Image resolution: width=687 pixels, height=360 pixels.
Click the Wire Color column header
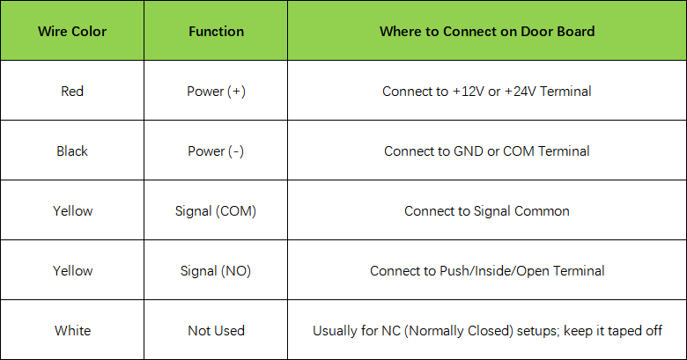tap(72, 32)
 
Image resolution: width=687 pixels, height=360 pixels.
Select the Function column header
tap(216, 32)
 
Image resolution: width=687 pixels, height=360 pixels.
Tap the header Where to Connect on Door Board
tap(487, 32)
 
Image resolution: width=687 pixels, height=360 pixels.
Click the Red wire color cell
tap(72, 91)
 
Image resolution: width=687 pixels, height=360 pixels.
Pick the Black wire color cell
tap(72, 151)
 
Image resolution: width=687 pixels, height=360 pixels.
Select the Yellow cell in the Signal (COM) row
tap(73, 211)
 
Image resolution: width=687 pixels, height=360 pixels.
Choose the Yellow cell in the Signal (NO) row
tap(73, 270)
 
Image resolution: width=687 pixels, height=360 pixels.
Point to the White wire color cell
tap(73, 331)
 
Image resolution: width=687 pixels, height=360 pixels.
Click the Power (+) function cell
tap(216, 91)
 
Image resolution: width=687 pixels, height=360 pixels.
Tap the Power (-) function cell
tap(216, 151)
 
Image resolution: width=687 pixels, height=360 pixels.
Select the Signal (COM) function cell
tap(216, 211)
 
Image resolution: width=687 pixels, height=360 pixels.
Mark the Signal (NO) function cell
tap(216, 270)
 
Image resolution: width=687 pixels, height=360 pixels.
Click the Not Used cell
tap(216, 331)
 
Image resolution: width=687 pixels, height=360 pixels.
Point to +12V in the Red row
tap(468, 91)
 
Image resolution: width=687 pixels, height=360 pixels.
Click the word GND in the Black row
tap(469, 151)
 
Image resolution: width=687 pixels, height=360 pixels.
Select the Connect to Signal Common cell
tap(487, 211)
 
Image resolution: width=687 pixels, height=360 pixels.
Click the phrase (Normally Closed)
tap(458, 331)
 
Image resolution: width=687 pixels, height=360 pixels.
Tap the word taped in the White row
tap(622, 331)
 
